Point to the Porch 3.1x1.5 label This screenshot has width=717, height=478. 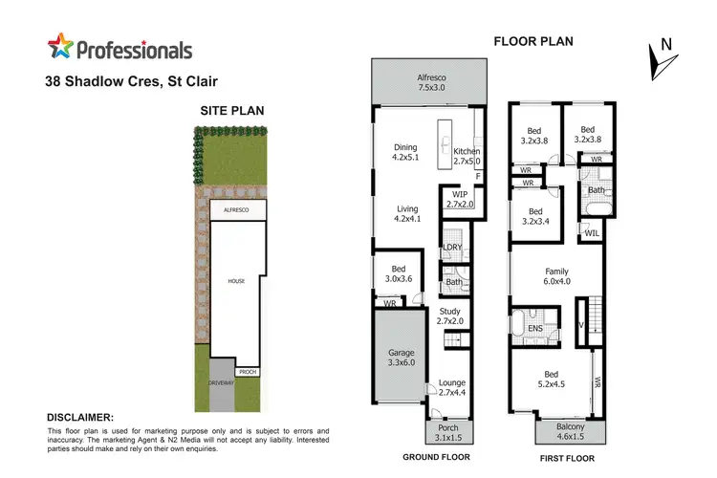[x=446, y=432]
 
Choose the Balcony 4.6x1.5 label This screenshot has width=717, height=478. [x=571, y=431]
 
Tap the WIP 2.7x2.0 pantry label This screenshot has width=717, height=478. [x=461, y=198]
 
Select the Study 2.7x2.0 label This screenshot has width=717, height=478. [x=449, y=315]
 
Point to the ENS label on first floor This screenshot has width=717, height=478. [x=535, y=330]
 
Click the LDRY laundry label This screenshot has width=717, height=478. [x=453, y=249]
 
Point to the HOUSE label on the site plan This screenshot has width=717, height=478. [x=236, y=281]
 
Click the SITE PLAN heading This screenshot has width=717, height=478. [x=231, y=111]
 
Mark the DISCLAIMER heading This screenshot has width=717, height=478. [x=80, y=417]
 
